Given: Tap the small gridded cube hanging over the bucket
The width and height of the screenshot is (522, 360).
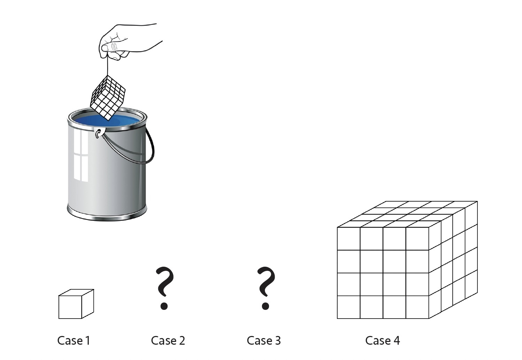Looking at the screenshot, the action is [108, 98].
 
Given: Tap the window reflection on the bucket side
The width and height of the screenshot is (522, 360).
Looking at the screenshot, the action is [81, 155].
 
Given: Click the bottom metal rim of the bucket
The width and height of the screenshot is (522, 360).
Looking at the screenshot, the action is [107, 213].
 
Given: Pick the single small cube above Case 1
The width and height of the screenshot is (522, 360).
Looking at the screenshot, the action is [76, 304].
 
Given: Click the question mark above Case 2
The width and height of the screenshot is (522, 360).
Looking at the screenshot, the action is [165, 288].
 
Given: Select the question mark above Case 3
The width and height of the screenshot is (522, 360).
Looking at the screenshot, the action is [266, 288].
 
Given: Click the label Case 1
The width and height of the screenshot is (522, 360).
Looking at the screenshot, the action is [74, 341].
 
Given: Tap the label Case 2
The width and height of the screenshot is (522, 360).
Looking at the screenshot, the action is [168, 341].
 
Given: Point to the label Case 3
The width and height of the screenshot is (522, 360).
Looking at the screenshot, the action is [264, 341].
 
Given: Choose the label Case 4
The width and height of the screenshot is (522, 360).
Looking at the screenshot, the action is [383, 341].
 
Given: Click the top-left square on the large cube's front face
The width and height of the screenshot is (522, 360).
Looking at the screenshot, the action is [348, 239].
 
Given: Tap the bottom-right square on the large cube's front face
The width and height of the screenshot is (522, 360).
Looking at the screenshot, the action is [417, 307].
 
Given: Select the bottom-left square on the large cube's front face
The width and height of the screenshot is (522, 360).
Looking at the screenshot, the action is [348, 307].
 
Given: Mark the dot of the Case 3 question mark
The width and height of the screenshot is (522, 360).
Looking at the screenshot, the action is [266, 306].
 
